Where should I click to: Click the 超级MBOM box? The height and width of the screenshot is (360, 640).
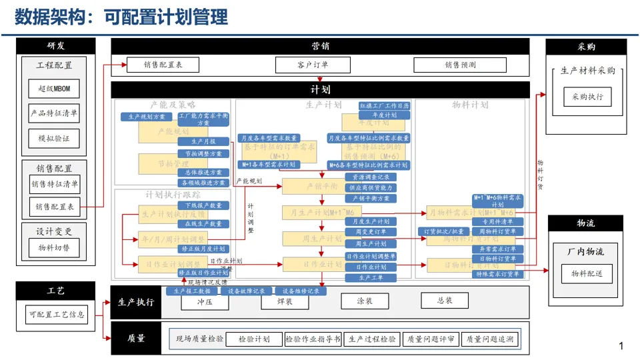[54, 89]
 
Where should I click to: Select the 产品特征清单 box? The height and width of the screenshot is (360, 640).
[54, 113]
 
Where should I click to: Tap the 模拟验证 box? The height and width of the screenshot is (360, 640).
[54, 139]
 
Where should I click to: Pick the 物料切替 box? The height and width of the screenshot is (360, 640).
[54, 248]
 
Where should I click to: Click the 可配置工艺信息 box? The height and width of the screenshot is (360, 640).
[57, 314]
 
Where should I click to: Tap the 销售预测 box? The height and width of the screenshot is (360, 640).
[461, 65]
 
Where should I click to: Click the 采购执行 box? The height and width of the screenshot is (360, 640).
[587, 97]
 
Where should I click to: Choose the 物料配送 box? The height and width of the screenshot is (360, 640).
[587, 273]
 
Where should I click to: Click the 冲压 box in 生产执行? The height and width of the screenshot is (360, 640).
[205, 301]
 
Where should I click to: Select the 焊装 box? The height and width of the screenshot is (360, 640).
[285, 301]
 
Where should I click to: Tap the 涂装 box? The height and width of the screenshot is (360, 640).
[365, 301]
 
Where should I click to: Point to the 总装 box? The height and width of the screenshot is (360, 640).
[445, 301]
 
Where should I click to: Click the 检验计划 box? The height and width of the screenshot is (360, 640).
[254, 339]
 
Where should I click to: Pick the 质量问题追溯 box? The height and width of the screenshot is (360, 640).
[491, 339]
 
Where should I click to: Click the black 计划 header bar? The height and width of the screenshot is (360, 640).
[320, 89]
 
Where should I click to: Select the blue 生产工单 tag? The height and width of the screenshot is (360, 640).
[371, 277]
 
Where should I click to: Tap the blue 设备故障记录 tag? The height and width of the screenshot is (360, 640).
[247, 291]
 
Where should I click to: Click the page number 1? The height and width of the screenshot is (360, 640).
[621, 346]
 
